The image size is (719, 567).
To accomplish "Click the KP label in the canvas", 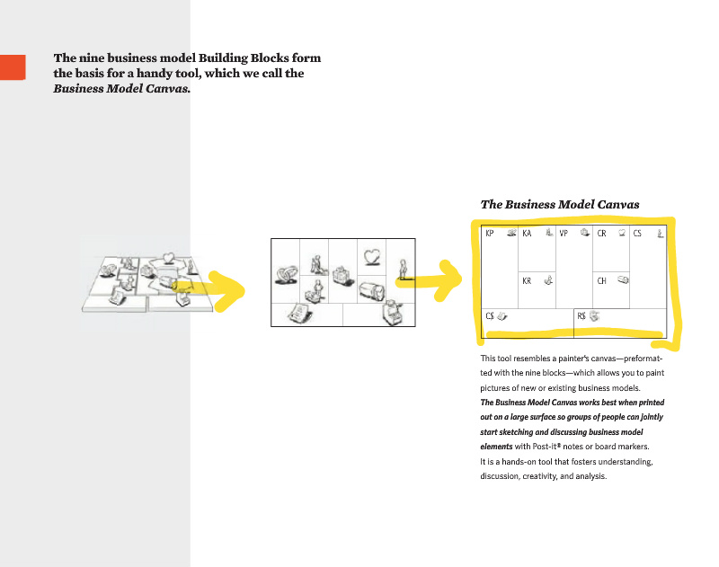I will [x=490, y=234].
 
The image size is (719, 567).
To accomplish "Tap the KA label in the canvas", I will [x=527, y=234].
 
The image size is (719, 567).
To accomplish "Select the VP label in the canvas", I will [x=564, y=234].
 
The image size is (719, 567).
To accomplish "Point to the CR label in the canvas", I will [x=602, y=234].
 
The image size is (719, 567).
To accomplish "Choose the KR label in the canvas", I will [x=527, y=280].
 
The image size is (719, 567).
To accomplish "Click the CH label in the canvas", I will [x=602, y=280].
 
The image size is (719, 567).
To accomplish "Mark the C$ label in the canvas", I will [x=491, y=316].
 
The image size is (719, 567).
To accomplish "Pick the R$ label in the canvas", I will [x=581, y=316].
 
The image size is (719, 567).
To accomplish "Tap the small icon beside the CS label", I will [x=660, y=234].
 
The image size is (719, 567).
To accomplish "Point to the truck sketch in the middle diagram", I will [x=371, y=289].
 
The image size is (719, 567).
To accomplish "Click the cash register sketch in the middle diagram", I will [x=392, y=312].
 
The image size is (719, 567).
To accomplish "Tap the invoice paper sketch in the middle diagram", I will [x=298, y=314].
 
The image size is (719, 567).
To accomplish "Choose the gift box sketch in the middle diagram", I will [x=341, y=273].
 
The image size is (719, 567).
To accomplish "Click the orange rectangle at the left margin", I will [x=12, y=67].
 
